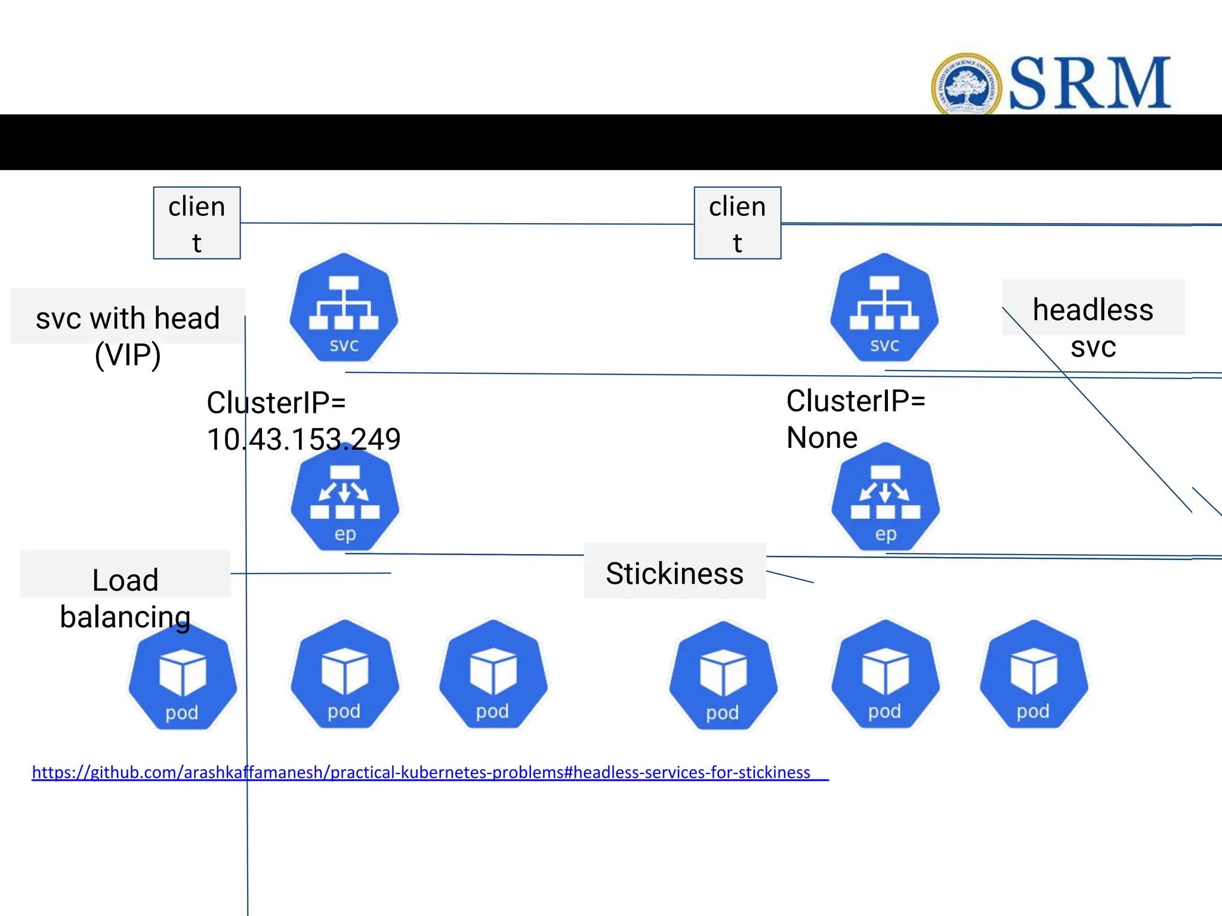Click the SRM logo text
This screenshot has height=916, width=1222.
pyautogui.click(x=1090, y=83)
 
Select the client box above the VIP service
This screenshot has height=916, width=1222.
pyautogui.click(x=197, y=223)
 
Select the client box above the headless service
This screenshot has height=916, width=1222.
pyautogui.click(x=737, y=223)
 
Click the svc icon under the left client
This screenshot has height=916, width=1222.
pyautogui.click(x=344, y=308)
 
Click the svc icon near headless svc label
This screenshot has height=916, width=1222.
pyautogui.click(x=884, y=308)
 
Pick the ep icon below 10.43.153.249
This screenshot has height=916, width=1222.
pyautogui.click(x=345, y=500)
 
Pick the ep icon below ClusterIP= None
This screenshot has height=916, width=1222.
pyautogui.click(x=885, y=498)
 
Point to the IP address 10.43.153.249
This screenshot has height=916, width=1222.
pyautogui.click(x=304, y=440)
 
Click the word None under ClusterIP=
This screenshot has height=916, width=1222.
pyautogui.click(x=822, y=438)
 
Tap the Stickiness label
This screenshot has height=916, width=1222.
pyautogui.click(x=674, y=573)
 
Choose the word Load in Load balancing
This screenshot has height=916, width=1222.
pyautogui.click(x=125, y=580)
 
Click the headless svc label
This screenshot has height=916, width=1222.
pyautogui.click(x=1093, y=327)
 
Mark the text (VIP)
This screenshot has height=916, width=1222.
pyautogui.click(x=128, y=355)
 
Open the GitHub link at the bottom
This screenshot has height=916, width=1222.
pyautogui.click(x=421, y=772)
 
